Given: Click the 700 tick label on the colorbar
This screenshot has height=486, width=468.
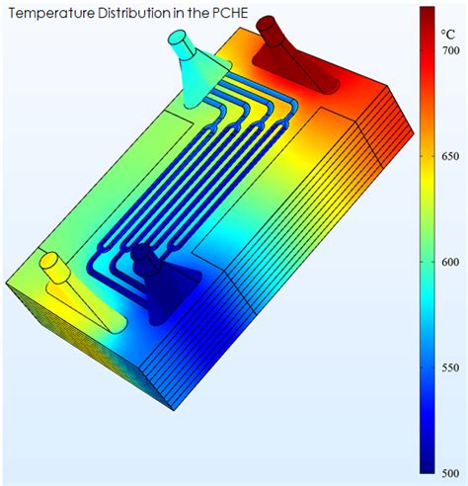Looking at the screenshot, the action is click(450, 50).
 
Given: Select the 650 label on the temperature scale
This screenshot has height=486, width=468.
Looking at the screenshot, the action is click(450, 156).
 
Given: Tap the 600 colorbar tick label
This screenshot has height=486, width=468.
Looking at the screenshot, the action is click(450, 262).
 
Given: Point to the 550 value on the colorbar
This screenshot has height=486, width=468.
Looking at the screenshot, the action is click(450, 367).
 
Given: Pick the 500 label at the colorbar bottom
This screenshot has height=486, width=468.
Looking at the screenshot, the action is click(450, 473).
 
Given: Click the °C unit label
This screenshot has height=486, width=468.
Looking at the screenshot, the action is click(447, 35).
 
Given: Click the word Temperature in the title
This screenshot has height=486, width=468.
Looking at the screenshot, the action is click(47, 14).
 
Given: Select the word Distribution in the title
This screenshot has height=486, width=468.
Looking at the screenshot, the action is click(126, 13).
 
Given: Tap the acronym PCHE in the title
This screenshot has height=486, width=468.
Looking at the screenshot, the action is click(232, 13).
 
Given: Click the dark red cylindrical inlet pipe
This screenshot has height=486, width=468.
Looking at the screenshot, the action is click(270, 31).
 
